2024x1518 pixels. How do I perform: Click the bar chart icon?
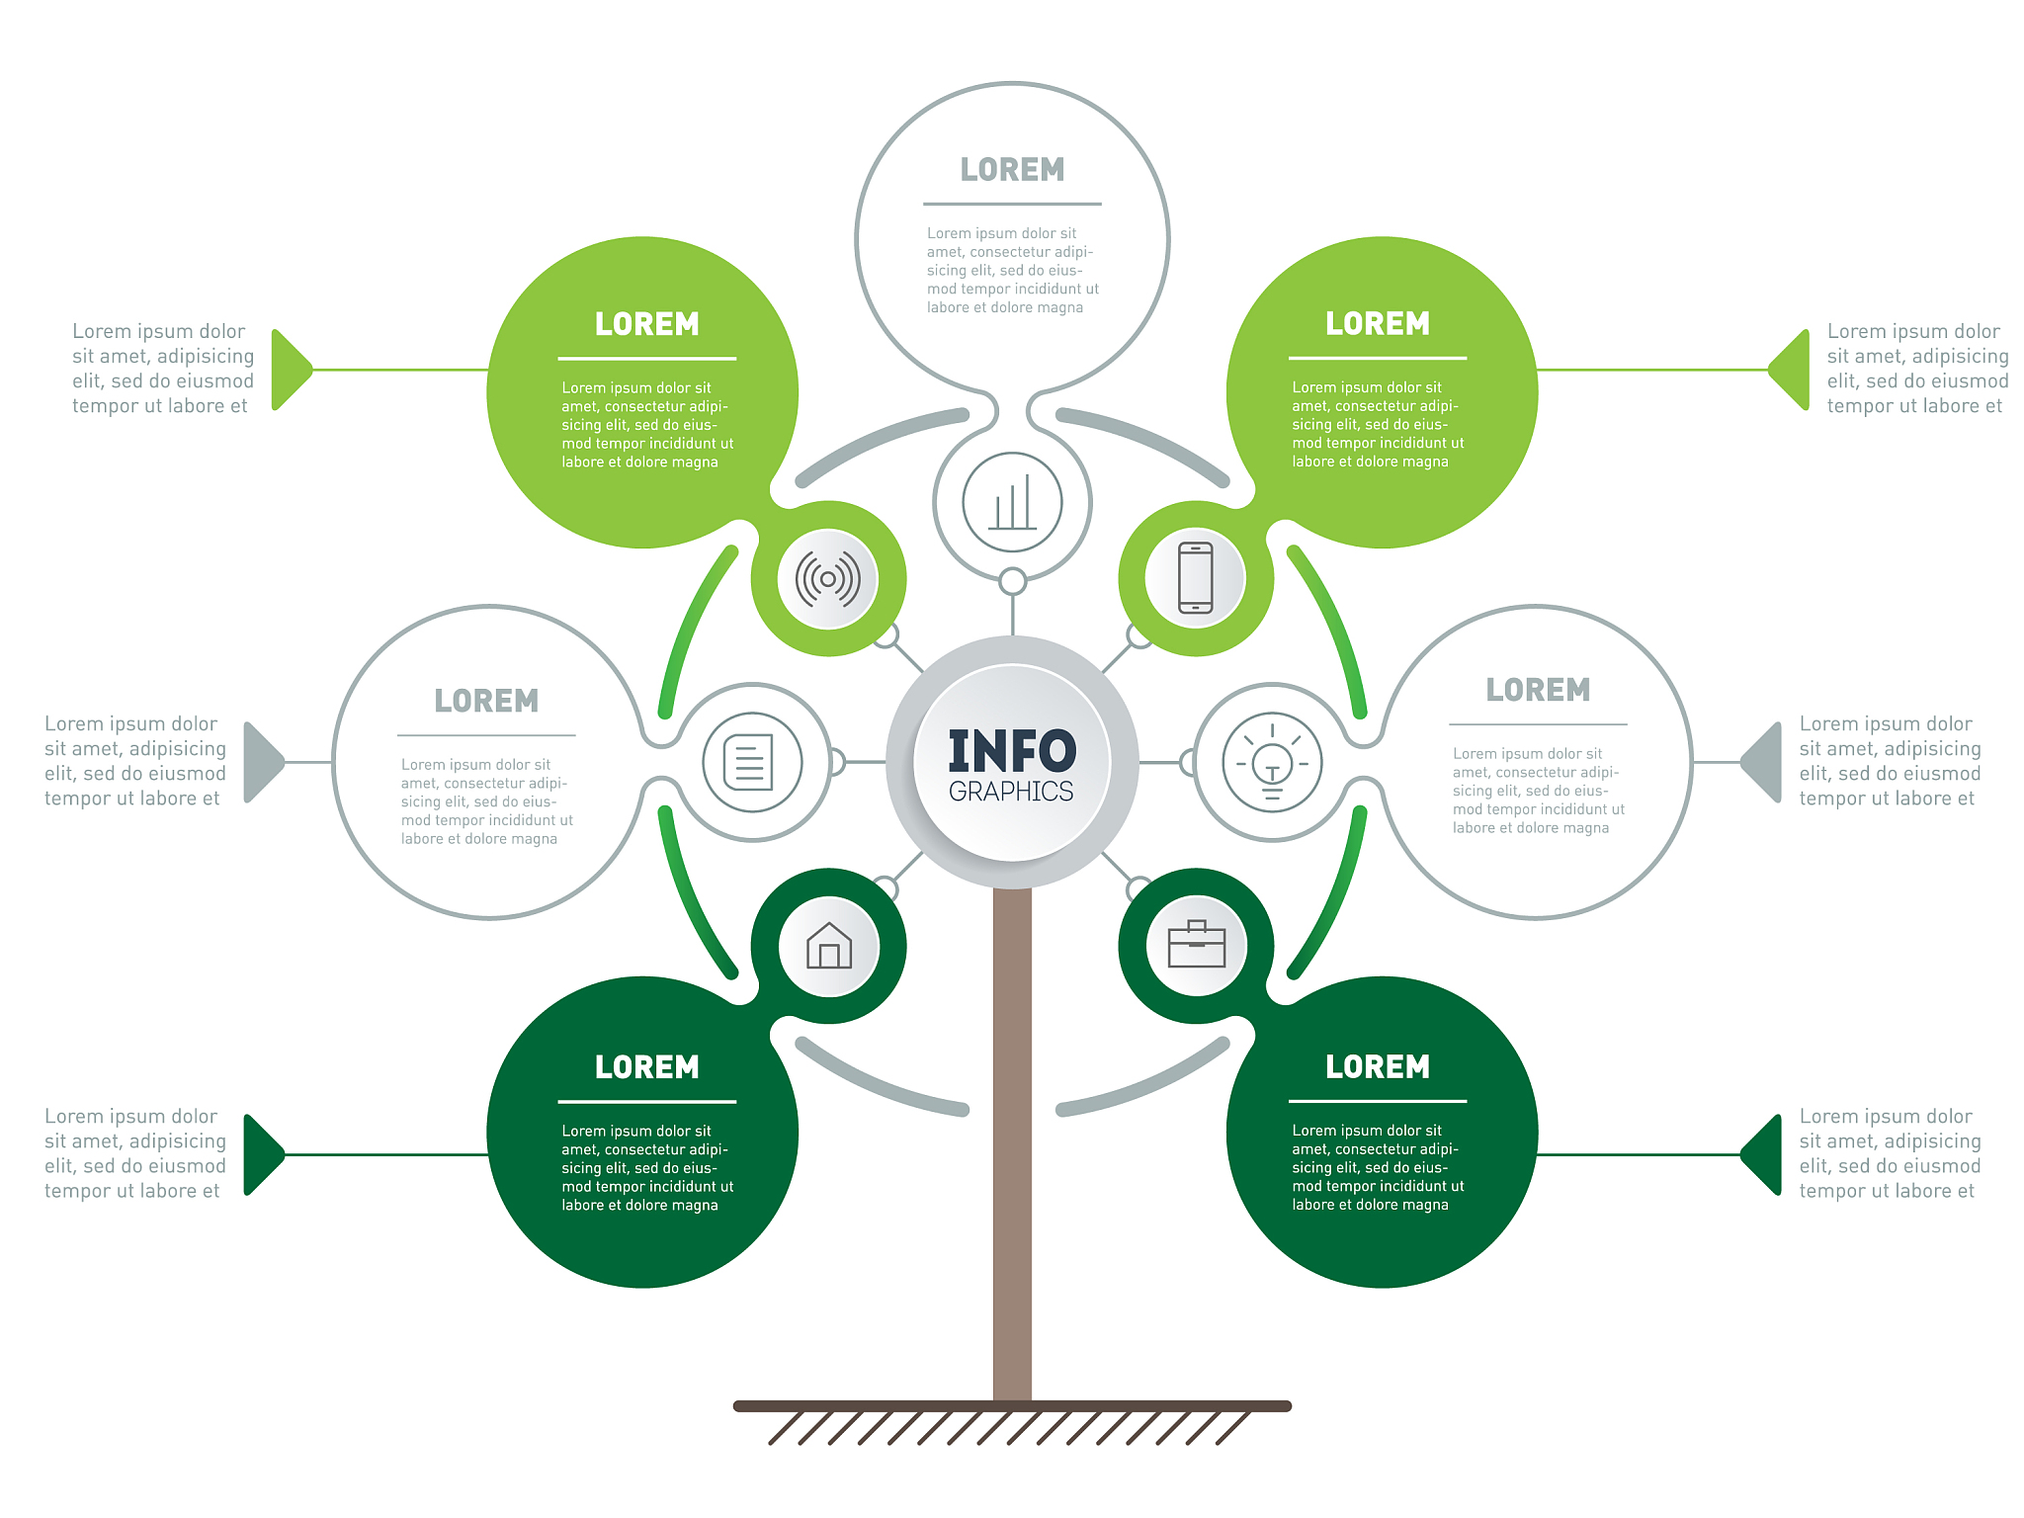tap(1013, 502)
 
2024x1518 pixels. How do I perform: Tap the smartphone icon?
tap(1196, 578)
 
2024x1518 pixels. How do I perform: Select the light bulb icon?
tap(1272, 762)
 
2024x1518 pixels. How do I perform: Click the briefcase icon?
tap(1197, 945)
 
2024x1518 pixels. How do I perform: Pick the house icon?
tap(829, 946)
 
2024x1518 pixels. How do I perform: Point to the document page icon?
tap(749, 762)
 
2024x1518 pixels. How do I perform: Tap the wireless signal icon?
tap(828, 579)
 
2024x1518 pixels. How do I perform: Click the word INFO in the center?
tap(1012, 751)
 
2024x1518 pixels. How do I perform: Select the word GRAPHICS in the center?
tap(1011, 792)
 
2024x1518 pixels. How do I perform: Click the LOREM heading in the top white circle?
tap(1012, 170)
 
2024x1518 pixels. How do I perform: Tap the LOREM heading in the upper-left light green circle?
tap(647, 324)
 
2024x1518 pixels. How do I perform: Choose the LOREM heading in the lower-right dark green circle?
tap(1378, 1067)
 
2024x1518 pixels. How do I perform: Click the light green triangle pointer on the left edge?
tap(291, 370)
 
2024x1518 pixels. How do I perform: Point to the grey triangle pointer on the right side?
tap(1761, 762)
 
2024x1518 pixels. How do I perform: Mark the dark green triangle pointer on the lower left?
tap(264, 1154)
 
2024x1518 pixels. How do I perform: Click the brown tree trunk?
tap(1012, 1144)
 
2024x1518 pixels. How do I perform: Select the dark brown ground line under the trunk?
tap(1012, 1406)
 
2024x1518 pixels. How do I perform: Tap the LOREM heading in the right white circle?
tap(1538, 690)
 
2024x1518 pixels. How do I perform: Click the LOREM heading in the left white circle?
tap(486, 701)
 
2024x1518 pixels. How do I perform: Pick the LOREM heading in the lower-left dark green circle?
tap(647, 1067)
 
